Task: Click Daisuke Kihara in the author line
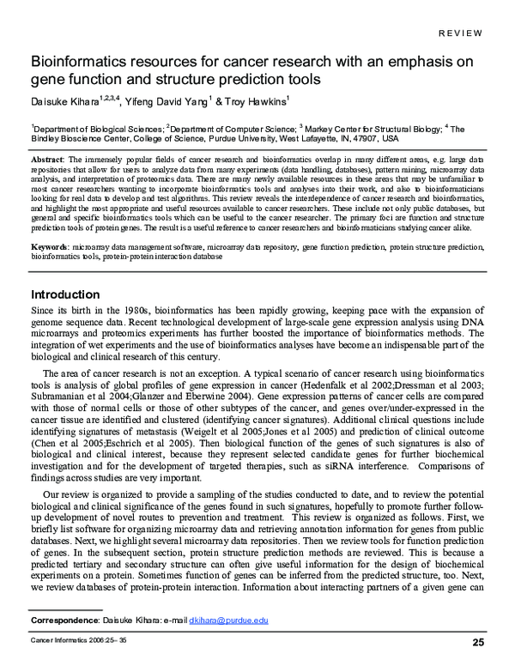64,101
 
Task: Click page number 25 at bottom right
478,642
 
